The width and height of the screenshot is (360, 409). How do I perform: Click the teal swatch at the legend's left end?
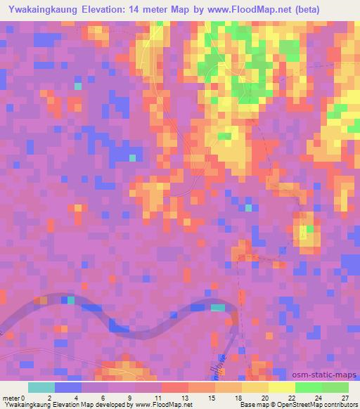[x=41, y=387]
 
